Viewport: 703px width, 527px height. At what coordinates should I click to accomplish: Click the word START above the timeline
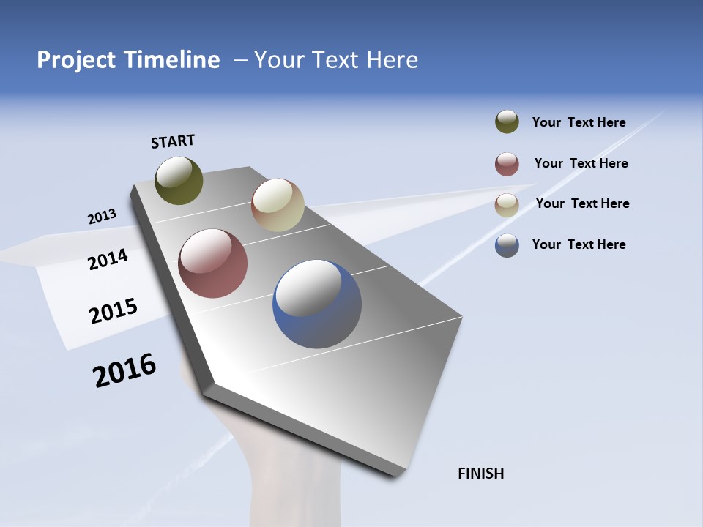[x=173, y=141]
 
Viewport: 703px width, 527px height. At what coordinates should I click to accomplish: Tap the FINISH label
[x=480, y=474]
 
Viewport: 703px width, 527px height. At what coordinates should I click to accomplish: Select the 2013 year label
[x=102, y=217]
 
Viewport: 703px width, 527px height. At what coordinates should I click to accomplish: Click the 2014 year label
[x=108, y=259]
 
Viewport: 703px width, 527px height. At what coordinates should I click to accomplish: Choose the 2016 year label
[x=124, y=370]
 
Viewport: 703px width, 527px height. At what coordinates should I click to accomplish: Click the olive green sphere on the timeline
[x=179, y=180]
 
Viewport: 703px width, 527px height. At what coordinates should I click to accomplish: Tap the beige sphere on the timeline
[x=278, y=205]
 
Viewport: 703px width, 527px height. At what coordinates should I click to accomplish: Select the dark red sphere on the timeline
[x=212, y=263]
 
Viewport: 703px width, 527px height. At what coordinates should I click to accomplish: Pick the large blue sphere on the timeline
[x=317, y=304]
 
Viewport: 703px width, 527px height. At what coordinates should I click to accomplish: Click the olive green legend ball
[x=507, y=122]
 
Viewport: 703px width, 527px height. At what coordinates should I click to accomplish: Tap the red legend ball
[x=507, y=164]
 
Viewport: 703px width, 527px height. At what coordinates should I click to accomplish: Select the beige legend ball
[x=507, y=205]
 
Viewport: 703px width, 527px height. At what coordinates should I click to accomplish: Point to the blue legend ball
[x=507, y=245]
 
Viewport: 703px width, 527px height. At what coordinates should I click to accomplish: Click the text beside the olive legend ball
[x=579, y=122]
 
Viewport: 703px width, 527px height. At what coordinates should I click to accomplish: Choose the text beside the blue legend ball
[x=579, y=244]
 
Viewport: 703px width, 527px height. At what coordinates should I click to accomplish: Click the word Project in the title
[x=77, y=60]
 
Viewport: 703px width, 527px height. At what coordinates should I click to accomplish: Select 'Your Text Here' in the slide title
[x=336, y=60]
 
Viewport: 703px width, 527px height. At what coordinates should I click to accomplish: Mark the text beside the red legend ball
[x=581, y=163]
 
